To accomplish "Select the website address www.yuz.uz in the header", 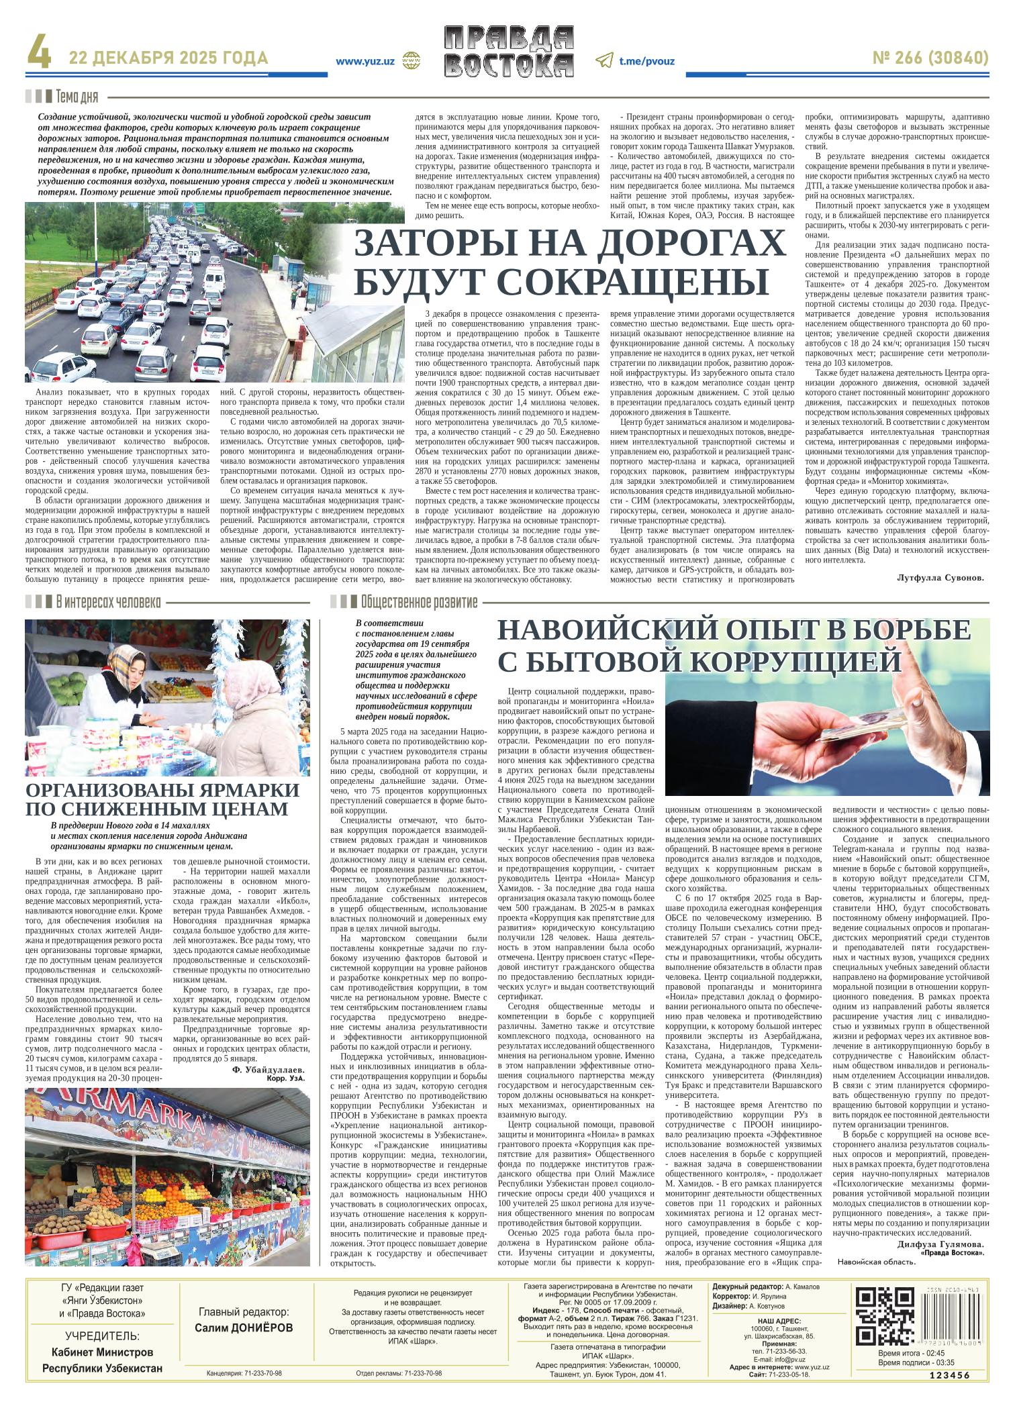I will click(x=365, y=61).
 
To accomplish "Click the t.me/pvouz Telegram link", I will click(x=646, y=61).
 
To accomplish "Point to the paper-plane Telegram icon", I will click(x=603, y=60).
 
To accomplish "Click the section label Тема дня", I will click(x=77, y=97).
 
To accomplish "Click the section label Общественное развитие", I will click(x=418, y=602).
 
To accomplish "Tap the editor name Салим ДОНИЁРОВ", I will click(x=244, y=1327).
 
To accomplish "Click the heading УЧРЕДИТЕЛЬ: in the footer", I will click(x=103, y=1336).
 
